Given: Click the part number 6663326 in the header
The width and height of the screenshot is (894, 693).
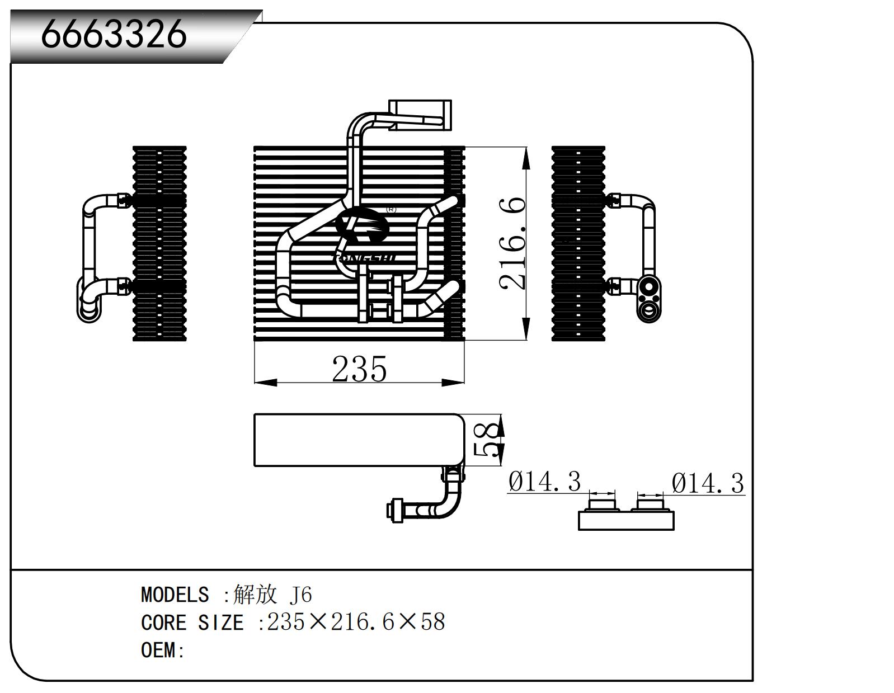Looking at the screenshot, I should point(114,34).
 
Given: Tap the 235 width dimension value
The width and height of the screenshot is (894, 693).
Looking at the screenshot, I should point(359,369).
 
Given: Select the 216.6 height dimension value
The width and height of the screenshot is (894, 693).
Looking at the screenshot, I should point(514,243).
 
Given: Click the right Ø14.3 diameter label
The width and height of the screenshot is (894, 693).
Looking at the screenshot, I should point(708,483).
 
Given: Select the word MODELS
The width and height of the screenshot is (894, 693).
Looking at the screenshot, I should point(175,595).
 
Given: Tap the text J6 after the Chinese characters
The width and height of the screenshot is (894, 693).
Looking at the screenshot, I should point(301,595).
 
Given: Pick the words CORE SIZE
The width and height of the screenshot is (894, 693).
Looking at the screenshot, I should point(192,623).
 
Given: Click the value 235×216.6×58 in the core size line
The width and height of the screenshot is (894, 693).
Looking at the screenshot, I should point(356,622).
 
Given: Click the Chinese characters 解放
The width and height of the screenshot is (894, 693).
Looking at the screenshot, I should point(255,595).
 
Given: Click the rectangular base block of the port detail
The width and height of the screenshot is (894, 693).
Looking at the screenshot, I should point(625,521).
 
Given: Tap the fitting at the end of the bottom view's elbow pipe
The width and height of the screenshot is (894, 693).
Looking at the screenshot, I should point(396,511).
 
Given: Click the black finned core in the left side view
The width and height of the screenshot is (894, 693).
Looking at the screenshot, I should point(159,243).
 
